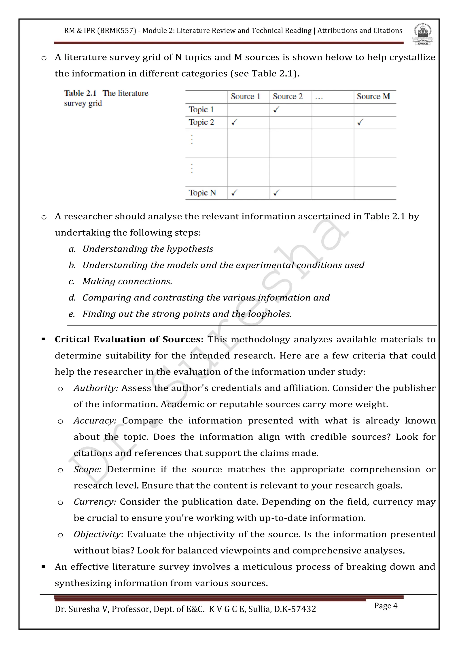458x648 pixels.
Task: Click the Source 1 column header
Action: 245,96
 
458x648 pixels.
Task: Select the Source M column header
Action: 373,96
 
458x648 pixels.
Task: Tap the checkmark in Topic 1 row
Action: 276,110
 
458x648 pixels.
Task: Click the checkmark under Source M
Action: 360,122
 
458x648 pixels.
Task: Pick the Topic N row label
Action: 202,193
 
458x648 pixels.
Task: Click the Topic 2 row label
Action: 201,122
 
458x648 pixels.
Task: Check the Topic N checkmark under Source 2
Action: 276,193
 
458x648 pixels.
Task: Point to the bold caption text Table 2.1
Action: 80,93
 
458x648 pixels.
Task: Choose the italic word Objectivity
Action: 97,534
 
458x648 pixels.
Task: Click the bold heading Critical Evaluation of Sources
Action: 129,339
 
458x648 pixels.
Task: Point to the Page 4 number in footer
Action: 386,606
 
